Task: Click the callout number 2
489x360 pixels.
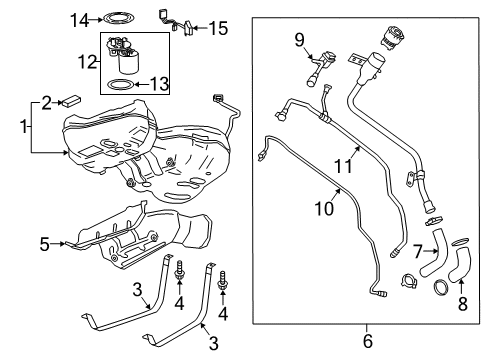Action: coord(46,101)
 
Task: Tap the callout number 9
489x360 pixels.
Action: coord(298,39)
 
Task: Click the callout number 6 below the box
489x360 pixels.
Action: coord(366,341)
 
